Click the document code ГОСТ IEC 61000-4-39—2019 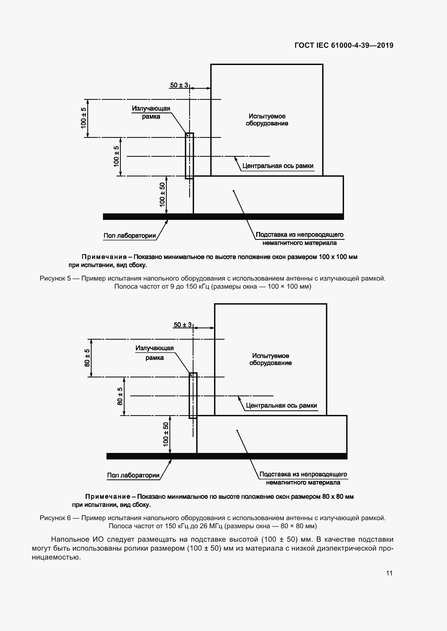coord(344,45)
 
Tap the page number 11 coord(389,573)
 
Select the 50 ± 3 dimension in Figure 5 coord(179,85)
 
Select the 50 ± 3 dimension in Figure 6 coord(182,325)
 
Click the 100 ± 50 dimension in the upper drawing coord(162,195)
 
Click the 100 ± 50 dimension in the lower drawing coord(166,434)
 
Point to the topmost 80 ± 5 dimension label coord(87,358)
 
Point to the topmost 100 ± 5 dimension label coord(84,118)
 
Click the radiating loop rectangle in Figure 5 coord(189,156)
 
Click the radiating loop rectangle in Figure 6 coord(193,395)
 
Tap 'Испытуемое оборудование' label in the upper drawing coord(267,120)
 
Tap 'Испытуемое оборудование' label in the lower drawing coord(271,359)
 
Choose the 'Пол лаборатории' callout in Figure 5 coord(130,236)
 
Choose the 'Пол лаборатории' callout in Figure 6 coord(133,475)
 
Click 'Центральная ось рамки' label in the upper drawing coord(278,166)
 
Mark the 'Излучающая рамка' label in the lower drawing coord(155,353)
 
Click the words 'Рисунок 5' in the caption coord(55,278)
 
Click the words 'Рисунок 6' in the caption coord(55,518)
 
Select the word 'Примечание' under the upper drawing coord(104,257)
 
